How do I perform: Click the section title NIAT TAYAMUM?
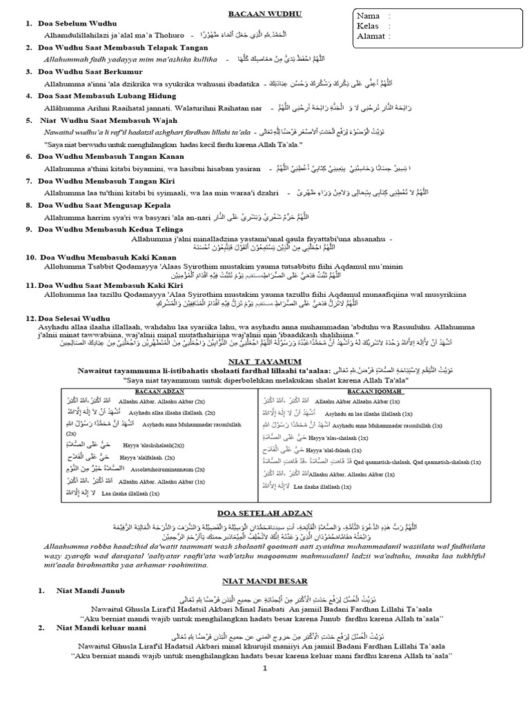coord(265,360)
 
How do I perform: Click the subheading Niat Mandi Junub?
coord(91,591)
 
